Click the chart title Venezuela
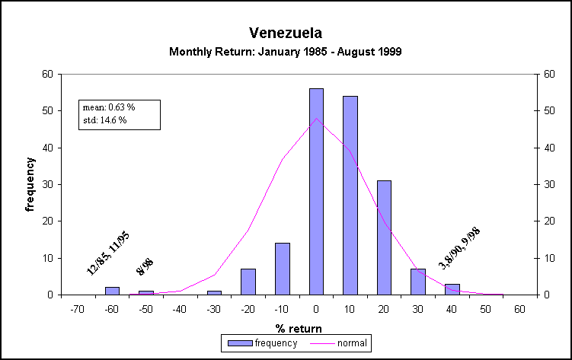click(286, 33)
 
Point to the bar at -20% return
click(248, 282)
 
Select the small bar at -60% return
click(112, 291)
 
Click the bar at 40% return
click(452, 289)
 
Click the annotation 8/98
click(145, 266)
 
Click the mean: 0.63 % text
click(108, 107)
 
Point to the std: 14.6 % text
click(104, 120)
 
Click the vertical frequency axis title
click(30, 184)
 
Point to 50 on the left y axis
click(47, 111)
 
